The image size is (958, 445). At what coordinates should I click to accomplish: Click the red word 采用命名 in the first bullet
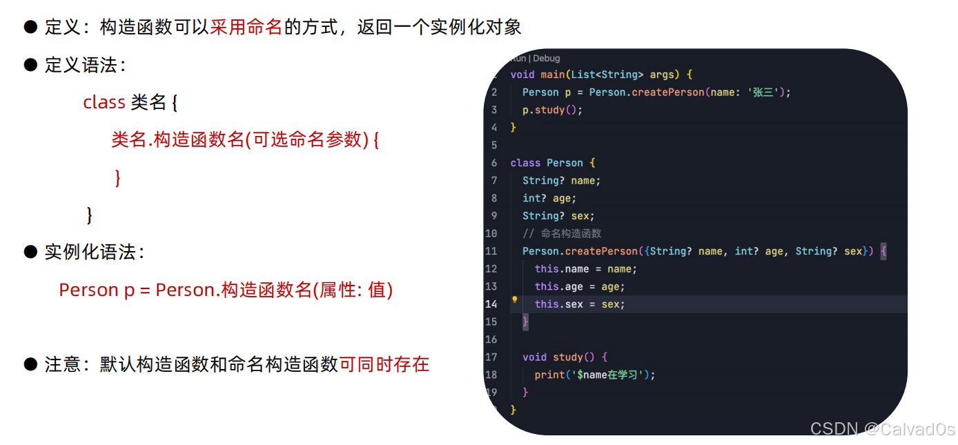[246, 27]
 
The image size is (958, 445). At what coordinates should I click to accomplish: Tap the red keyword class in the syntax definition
[104, 103]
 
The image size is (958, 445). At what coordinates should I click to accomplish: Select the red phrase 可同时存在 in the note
[384, 364]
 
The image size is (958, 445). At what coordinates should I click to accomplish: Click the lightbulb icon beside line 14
[514, 300]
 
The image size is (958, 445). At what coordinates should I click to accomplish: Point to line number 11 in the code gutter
[491, 251]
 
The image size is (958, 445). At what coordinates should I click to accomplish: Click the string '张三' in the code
[763, 92]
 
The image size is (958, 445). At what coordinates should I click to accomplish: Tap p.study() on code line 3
[552, 110]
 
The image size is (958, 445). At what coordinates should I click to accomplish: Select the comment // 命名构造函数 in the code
[562, 233]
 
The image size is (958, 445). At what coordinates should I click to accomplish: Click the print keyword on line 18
[549, 375]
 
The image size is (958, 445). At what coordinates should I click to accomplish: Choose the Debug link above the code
[547, 59]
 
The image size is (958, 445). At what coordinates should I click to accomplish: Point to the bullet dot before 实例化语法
[30, 252]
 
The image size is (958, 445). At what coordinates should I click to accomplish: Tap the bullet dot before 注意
[30, 364]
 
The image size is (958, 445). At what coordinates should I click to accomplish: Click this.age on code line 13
[559, 286]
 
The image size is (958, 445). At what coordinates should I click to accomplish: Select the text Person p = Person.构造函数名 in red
[186, 290]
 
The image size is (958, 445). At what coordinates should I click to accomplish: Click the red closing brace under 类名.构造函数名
[117, 177]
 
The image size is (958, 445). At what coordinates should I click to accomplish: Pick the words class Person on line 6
[547, 163]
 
